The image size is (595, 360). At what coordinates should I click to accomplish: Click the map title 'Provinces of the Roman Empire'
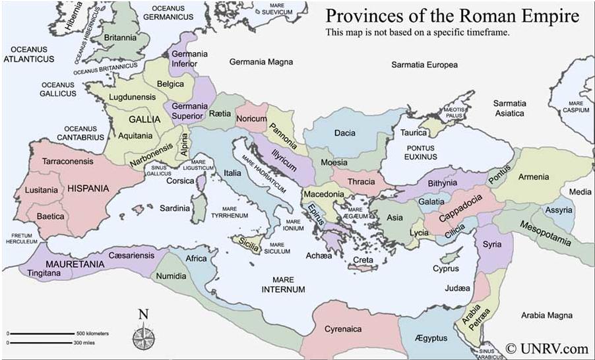tap(453, 15)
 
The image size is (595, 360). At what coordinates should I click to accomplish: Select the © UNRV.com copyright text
tap(547, 347)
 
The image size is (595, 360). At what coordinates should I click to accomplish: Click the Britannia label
tap(119, 38)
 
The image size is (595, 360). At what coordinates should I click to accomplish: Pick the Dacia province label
tap(344, 133)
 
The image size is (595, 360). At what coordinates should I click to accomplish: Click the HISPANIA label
tap(88, 189)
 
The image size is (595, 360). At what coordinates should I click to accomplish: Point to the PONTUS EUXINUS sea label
tap(420, 152)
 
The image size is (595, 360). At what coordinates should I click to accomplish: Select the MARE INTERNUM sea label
tap(283, 285)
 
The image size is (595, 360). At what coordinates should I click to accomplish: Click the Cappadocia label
tap(460, 208)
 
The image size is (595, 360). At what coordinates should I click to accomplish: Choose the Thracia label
tap(361, 182)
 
